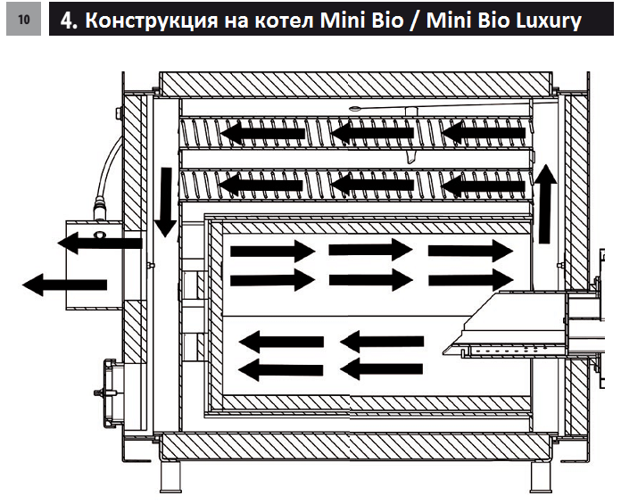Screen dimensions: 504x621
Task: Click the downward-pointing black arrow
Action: [165, 201]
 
